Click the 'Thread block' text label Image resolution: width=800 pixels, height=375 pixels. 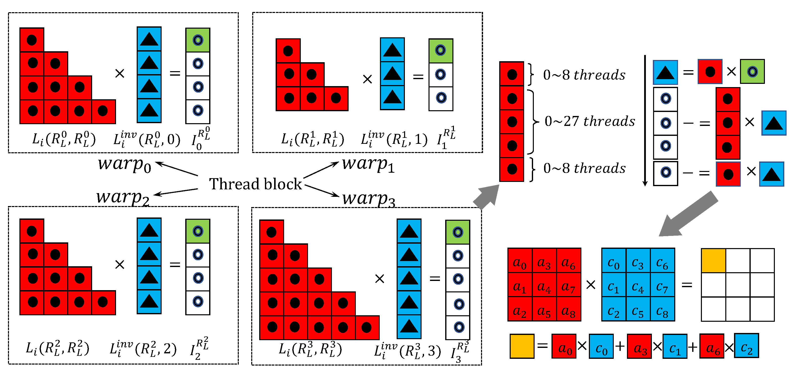click(255, 184)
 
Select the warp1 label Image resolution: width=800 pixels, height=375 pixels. click(368, 164)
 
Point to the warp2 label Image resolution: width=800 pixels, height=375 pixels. click(123, 197)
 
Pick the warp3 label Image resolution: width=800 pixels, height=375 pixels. click(369, 199)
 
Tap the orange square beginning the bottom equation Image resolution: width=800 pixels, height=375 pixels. click(522, 346)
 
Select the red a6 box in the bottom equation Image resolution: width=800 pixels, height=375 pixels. click(712, 346)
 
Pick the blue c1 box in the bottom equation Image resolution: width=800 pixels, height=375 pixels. click(675, 346)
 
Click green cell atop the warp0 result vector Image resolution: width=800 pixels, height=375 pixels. click(198, 40)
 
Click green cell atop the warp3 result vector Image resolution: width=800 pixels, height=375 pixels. click(457, 232)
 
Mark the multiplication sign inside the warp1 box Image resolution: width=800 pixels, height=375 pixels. click(368, 79)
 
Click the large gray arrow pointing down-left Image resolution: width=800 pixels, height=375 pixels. click(686, 216)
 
